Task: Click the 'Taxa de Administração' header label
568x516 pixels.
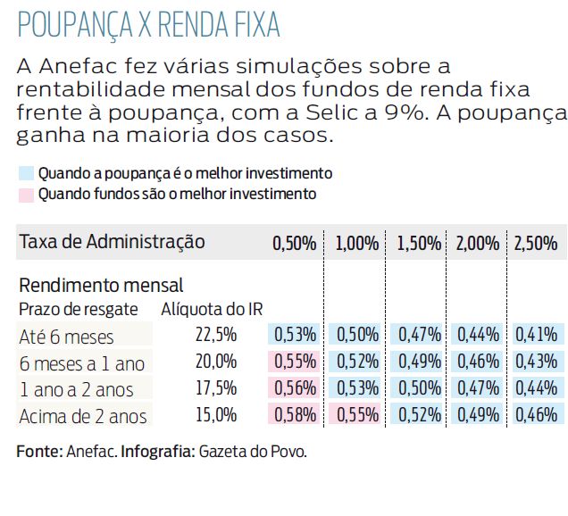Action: pyautogui.click(x=112, y=242)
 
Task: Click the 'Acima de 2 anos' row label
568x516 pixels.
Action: pyautogui.click(x=83, y=416)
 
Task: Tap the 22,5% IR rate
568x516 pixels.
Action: pyautogui.click(x=215, y=336)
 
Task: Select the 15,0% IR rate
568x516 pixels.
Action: pyautogui.click(x=215, y=415)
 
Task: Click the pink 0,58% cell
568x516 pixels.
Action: pyautogui.click(x=295, y=415)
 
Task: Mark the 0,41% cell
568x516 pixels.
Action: pyautogui.click(x=536, y=336)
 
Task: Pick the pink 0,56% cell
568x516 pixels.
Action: pyautogui.click(x=295, y=389)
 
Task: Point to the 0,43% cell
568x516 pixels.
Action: pyautogui.click(x=536, y=363)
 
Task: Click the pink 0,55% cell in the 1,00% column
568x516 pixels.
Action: pyautogui.click(x=356, y=415)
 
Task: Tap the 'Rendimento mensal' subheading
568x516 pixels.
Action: pyautogui.click(x=101, y=286)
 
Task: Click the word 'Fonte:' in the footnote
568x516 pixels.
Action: pyautogui.click(x=39, y=452)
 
